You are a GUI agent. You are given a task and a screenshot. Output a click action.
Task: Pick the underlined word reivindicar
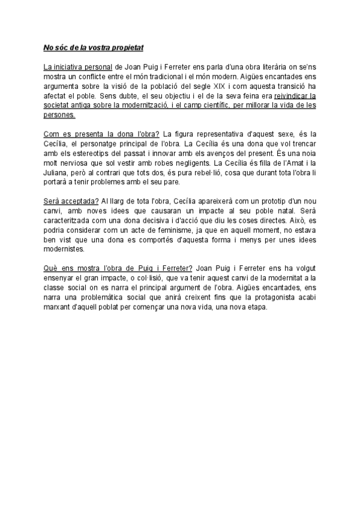295,95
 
